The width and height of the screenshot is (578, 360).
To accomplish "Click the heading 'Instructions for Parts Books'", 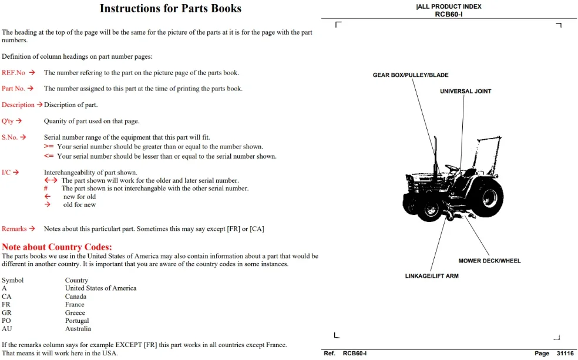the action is [170, 8].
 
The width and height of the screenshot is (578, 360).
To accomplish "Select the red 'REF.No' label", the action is [14, 73].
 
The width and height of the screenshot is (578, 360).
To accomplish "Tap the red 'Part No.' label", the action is [14, 89].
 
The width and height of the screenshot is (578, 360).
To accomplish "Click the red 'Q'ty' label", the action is [8, 121].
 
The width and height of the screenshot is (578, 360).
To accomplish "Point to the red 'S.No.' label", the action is [9, 137].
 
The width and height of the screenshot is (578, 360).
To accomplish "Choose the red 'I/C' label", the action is [6, 173].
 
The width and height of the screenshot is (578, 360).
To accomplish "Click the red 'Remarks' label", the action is [14, 229].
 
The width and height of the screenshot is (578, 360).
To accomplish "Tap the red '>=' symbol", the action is [49, 147].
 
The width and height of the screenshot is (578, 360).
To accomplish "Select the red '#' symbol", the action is [46, 189].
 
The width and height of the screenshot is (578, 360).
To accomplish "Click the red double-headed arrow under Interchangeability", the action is [51, 180].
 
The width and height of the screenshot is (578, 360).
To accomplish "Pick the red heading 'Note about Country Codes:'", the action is [57, 247].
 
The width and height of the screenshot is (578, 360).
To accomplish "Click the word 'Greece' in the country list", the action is [75, 312].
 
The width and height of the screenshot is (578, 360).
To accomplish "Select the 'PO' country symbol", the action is [6, 321].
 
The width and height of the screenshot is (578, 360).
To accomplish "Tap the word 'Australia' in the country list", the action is [78, 329].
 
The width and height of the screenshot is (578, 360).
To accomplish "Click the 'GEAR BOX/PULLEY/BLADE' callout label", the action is [411, 75].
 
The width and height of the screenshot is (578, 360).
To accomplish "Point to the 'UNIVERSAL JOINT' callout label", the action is [466, 92].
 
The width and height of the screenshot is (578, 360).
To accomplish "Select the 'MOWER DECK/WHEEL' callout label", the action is [489, 261].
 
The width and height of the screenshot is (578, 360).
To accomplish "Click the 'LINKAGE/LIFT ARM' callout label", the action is [432, 276].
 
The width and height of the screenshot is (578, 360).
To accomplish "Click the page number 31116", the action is [565, 354].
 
